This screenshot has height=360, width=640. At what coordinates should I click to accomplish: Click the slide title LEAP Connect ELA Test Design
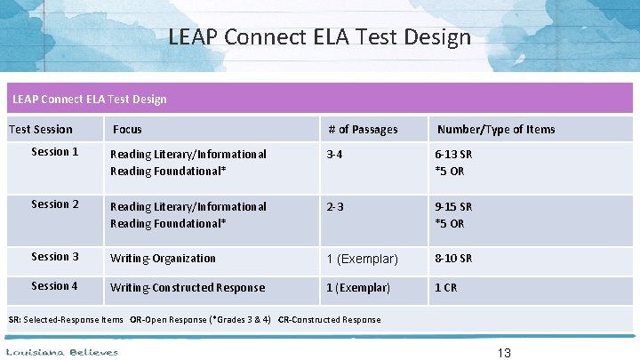tap(319, 38)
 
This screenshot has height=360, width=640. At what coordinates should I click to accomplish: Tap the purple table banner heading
tap(87, 99)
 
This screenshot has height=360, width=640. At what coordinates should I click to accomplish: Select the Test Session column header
tap(40, 130)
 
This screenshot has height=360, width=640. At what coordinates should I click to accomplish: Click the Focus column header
tap(127, 130)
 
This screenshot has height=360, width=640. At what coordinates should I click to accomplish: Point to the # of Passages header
tap(362, 130)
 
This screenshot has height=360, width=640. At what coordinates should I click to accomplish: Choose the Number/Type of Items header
tap(495, 130)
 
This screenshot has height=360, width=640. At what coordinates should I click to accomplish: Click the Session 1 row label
tap(55, 152)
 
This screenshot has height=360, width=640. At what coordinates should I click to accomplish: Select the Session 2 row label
tap(55, 204)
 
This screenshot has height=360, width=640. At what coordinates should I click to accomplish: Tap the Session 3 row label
tap(55, 257)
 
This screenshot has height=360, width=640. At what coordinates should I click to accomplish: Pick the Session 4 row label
tap(55, 286)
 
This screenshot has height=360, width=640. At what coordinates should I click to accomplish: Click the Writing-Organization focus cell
tap(163, 259)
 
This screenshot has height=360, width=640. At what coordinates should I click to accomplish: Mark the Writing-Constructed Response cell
tap(187, 288)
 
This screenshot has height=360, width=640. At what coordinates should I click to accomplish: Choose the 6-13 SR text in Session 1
tap(453, 155)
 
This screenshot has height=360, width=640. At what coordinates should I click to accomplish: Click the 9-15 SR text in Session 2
tap(453, 207)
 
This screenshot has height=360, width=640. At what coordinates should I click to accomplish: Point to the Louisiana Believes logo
tap(62, 352)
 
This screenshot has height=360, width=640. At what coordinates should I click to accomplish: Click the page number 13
tap(504, 352)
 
